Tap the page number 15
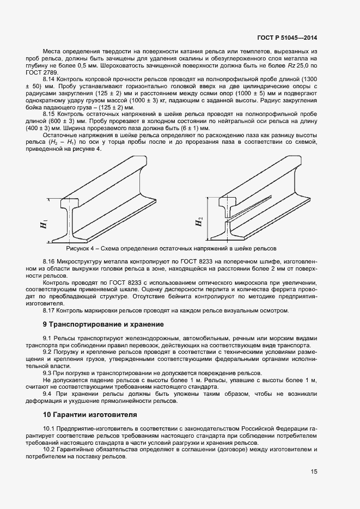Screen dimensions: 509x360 pos(314,472)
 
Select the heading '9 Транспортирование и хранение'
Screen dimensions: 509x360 pos(103,324)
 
